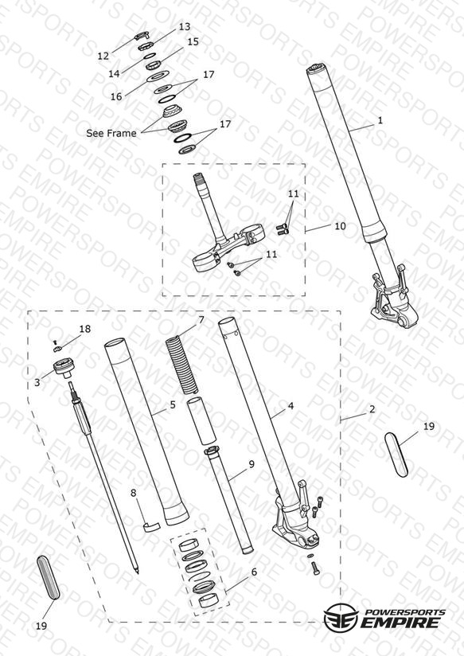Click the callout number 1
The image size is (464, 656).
click(x=380, y=120)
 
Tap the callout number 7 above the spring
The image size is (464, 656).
click(x=201, y=320)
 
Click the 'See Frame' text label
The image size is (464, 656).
click(x=111, y=133)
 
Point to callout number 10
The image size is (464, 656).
click(x=340, y=226)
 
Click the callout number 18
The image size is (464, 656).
click(x=85, y=329)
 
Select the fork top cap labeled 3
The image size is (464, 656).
click(x=64, y=368)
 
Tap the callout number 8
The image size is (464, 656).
click(x=134, y=494)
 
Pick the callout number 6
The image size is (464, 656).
click(x=255, y=572)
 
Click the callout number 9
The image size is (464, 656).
click(x=251, y=464)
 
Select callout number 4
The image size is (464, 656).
click(x=290, y=406)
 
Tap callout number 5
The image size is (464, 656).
click(x=173, y=404)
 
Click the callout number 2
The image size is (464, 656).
click(x=372, y=409)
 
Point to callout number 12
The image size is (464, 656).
click(x=103, y=56)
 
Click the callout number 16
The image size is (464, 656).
click(x=116, y=96)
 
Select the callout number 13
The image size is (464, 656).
click(x=185, y=27)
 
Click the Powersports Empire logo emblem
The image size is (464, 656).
click(x=341, y=618)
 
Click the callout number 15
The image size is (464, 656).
click(x=193, y=42)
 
